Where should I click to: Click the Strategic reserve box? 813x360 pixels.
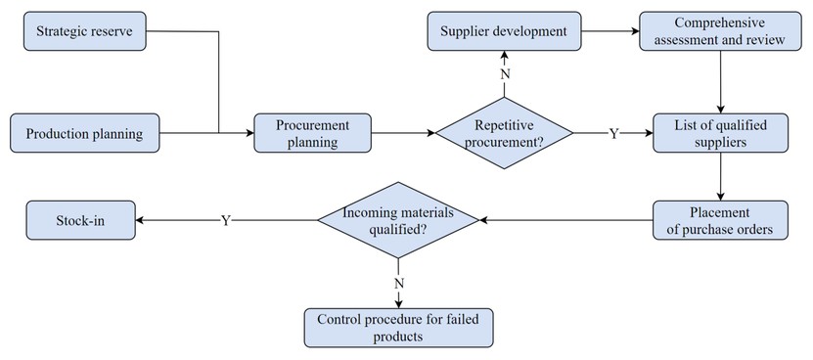click(85, 31)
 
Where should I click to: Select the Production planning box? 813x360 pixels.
click(85, 133)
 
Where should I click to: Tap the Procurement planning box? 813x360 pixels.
click(313, 133)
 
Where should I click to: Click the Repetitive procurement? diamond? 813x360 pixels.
click(504, 133)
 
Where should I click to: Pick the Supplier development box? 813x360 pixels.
click(504, 31)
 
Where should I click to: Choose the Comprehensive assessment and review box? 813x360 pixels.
click(720, 31)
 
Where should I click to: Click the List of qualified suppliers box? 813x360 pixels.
click(720, 133)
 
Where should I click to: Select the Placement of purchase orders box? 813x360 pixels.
click(720, 220)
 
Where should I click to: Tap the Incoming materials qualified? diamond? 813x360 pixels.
click(397, 220)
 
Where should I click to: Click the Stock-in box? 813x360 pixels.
click(81, 220)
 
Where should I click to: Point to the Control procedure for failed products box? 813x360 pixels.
click(398, 328)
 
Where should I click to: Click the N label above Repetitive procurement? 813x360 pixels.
click(505, 74)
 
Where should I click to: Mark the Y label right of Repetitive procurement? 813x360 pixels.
click(613, 134)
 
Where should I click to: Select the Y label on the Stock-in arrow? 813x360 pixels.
click(226, 220)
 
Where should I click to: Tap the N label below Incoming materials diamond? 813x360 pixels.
click(399, 284)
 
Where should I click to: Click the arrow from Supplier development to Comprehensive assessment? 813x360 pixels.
click(610, 31)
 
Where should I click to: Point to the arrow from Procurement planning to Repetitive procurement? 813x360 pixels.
click(403, 133)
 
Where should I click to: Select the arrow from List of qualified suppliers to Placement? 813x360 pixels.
click(721, 176)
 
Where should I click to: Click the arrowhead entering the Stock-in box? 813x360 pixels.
click(140, 220)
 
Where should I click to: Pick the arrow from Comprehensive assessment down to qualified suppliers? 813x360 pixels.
click(721, 82)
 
